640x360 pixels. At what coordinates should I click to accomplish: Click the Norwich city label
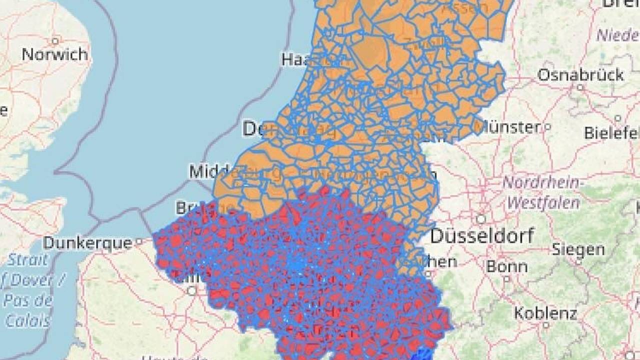(x=54, y=54)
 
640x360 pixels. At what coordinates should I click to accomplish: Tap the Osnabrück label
(x=580, y=75)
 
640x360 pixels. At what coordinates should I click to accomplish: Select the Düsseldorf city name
(x=482, y=235)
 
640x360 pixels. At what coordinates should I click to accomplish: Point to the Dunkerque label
(x=87, y=243)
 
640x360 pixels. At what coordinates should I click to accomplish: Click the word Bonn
(x=506, y=266)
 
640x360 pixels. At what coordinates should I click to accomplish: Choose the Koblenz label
(x=545, y=313)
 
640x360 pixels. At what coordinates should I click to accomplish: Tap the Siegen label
(x=578, y=249)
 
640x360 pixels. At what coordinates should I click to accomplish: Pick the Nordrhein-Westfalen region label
(x=542, y=192)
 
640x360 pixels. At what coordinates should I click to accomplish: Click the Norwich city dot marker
(x=55, y=41)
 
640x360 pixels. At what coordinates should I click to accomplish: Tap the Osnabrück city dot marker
(x=580, y=87)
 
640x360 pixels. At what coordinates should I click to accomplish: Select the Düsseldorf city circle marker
(x=481, y=219)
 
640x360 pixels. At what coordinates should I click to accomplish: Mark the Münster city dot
(x=547, y=127)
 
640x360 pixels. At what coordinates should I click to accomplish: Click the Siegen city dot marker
(x=578, y=260)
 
